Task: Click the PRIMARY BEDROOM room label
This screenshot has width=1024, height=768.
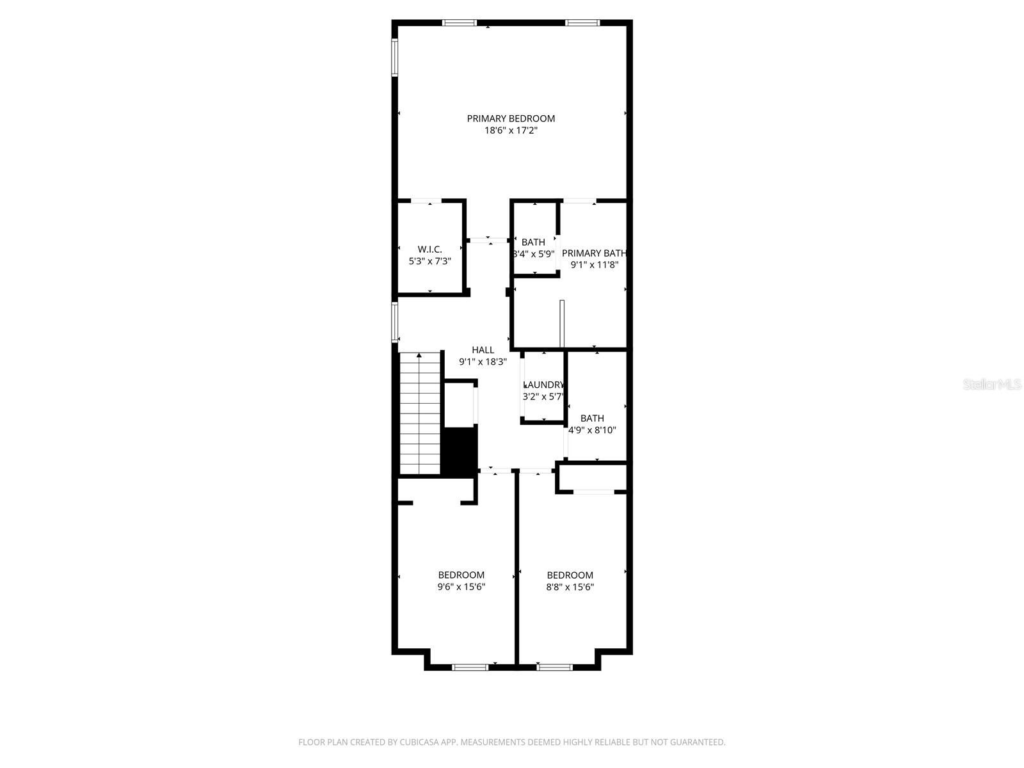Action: coord(511,118)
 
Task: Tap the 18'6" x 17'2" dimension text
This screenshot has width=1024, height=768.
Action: coord(511,131)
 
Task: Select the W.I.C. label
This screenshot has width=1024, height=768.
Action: coord(429,249)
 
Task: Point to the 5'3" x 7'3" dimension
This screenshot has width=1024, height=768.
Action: coord(429,261)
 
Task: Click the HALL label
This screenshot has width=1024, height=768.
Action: coord(483,349)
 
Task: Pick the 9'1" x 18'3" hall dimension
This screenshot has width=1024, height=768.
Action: coord(483,362)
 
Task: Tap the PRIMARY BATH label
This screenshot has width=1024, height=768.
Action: coord(594,253)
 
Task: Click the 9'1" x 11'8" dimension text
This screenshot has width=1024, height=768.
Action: coord(594,265)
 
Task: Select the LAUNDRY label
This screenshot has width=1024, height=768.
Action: coord(544,385)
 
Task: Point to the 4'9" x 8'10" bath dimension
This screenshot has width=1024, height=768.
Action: coord(593,430)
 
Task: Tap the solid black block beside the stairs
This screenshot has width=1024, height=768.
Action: coord(461,451)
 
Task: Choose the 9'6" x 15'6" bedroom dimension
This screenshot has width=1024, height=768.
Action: coord(461,587)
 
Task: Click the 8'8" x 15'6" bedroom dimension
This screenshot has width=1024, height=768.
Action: coord(570,587)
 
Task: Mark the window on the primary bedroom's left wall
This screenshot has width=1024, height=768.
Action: coord(396,58)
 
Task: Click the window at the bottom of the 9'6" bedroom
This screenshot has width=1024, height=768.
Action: coord(470,668)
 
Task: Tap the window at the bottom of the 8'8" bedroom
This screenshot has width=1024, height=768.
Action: coord(555,668)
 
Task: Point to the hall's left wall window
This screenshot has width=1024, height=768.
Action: coord(396,323)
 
